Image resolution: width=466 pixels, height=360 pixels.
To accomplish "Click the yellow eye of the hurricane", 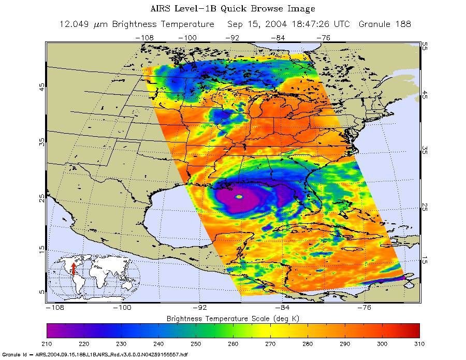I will coord(239,197).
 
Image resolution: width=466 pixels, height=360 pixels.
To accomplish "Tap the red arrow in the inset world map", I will coord(74,268).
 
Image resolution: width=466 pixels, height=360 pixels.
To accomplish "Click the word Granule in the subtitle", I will coord(379,24).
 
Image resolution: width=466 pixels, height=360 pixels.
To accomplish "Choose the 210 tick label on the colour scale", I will coord(47,343).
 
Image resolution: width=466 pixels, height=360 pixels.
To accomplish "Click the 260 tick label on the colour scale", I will coord(233,343).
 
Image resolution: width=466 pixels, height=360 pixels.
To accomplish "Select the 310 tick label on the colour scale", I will coord(419,343).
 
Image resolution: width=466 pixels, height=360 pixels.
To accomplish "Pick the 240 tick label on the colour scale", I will coord(158,343).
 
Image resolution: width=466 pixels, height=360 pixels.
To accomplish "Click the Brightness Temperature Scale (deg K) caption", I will coord(232,318).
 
